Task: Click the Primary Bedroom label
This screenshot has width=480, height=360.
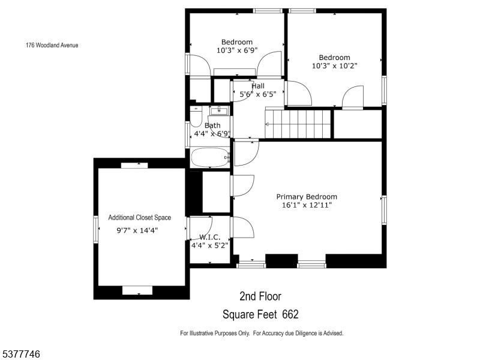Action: [x=307, y=197]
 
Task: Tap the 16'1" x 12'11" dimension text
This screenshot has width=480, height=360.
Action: [x=307, y=205]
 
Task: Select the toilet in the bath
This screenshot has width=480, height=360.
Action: [x=196, y=116]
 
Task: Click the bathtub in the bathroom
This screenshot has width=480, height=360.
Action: [x=210, y=157]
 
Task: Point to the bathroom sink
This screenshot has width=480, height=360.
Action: [x=219, y=110]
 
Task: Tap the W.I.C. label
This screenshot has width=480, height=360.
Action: [x=209, y=237]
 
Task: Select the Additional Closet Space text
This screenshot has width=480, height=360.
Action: [x=140, y=218]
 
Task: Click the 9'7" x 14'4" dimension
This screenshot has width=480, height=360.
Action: [x=137, y=230]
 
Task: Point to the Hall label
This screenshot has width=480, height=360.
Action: [x=258, y=86]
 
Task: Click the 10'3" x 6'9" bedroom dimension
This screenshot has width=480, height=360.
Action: [x=237, y=50]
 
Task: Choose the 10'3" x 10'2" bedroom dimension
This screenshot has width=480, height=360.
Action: [x=334, y=66]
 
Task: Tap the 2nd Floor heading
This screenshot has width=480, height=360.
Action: [x=260, y=296]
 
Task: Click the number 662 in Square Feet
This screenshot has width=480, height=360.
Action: [x=290, y=314]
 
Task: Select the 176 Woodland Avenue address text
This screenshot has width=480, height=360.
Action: [x=52, y=46]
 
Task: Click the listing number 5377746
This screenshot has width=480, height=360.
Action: [x=20, y=354]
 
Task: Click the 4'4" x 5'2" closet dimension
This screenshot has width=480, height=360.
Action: [x=209, y=245]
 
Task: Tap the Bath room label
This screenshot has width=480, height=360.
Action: [x=212, y=125]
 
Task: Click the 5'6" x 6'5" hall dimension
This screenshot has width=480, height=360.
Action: [x=258, y=94]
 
